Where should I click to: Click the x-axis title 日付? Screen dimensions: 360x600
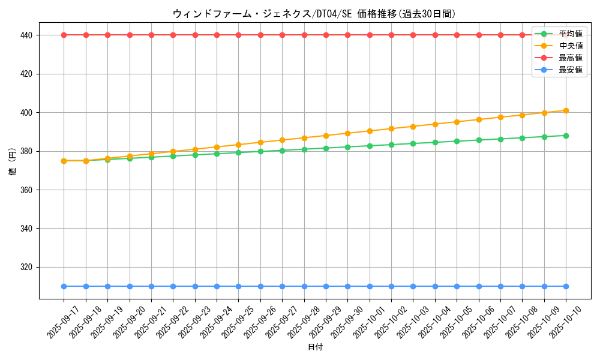(x=315, y=347)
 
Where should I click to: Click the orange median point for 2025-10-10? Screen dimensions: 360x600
(x=566, y=110)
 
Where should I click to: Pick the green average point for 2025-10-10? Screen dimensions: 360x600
(x=566, y=136)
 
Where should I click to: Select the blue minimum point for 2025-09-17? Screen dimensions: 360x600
(x=64, y=286)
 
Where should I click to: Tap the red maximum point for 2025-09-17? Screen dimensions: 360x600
(x=64, y=35)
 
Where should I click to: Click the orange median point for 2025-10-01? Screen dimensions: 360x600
(x=370, y=131)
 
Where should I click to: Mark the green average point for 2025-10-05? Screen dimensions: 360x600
(x=457, y=141)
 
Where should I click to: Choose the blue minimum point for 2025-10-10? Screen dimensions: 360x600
(x=566, y=286)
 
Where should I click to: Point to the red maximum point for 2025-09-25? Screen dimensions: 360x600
(x=238, y=35)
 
